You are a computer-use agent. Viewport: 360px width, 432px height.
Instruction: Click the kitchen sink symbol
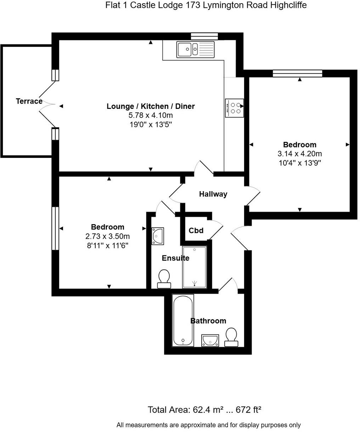195,49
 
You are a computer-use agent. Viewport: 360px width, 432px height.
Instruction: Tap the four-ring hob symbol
234,108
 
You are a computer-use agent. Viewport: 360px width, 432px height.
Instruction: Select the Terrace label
29,101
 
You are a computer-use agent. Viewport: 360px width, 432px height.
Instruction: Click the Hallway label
213,194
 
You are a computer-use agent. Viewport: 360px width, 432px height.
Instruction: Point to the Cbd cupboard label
196,231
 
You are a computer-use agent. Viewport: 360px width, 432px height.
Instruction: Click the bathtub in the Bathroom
183,320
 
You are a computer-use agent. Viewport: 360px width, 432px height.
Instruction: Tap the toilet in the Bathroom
231,337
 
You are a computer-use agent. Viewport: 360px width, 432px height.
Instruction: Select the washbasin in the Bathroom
210,340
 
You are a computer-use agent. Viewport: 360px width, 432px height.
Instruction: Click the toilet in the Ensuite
164,279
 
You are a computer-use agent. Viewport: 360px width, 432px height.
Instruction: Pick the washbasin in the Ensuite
158,236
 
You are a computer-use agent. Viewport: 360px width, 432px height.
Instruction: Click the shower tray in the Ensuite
194,267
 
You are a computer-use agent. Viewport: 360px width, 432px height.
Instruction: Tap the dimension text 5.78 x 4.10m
151,115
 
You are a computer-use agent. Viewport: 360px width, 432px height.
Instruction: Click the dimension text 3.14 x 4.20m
299,154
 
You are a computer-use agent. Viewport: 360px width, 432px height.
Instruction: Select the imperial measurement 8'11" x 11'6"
107,245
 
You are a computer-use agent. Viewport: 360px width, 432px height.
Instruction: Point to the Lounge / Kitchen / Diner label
151,106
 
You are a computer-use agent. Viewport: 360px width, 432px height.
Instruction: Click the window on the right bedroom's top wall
297,73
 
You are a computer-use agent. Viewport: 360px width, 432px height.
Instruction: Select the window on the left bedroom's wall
55,228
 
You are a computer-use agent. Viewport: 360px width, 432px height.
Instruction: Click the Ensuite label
175,258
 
